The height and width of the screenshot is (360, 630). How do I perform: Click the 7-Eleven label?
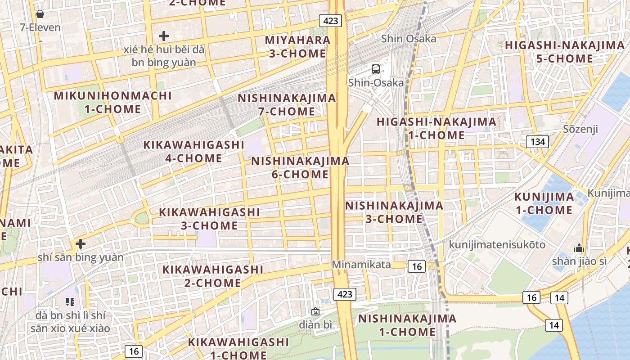(x=40, y=27)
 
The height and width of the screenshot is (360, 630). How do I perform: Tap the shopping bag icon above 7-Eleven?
(x=40, y=14)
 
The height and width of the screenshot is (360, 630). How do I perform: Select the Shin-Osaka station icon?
(x=376, y=69)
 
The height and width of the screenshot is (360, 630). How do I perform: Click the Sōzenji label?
(x=580, y=130)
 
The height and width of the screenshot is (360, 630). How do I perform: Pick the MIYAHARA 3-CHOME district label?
(x=297, y=47)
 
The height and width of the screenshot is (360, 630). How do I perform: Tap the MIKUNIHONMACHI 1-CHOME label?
(x=112, y=102)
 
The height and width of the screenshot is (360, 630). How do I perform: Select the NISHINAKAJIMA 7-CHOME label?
(x=287, y=104)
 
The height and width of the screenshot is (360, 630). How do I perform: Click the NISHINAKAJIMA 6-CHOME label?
(x=300, y=167)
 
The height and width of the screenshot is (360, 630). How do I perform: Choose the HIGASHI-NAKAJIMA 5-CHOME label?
(x=565, y=52)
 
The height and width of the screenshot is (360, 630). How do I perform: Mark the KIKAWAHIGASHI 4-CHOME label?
(x=193, y=152)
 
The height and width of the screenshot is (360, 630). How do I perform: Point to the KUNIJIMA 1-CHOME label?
(x=544, y=203)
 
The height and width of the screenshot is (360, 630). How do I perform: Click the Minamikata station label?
(x=361, y=265)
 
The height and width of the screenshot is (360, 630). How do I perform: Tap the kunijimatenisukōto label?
(x=497, y=245)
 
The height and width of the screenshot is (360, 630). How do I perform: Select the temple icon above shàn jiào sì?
(x=579, y=248)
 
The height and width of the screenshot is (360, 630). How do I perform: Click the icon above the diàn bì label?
(x=315, y=311)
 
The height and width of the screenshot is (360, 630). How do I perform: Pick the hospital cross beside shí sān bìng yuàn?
(x=81, y=244)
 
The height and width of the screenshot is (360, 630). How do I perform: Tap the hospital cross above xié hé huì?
(x=164, y=36)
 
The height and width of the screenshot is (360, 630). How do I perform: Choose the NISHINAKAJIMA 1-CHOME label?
(x=407, y=325)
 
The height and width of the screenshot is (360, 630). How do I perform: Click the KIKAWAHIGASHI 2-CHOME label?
(x=212, y=276)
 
